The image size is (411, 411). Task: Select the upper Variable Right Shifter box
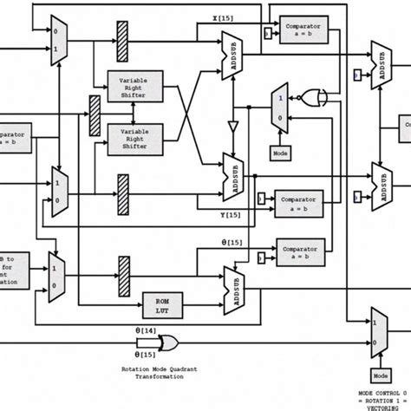(133, 87)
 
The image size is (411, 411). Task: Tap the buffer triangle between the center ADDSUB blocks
(233, 128)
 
